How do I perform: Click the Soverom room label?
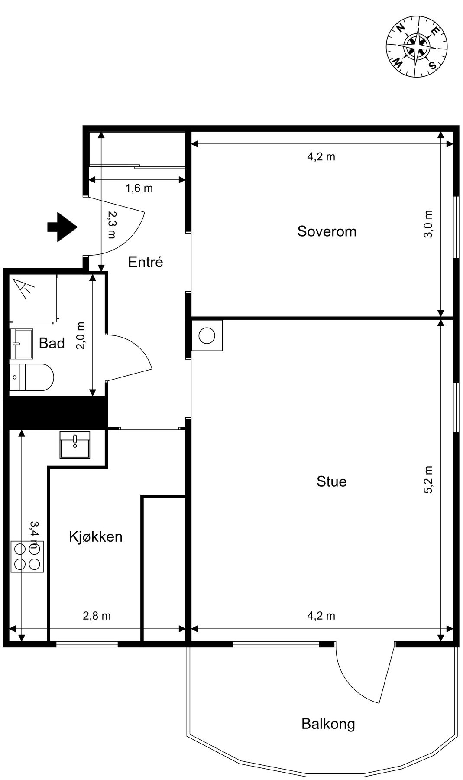click(x=327, y=231)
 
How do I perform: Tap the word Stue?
click(x=331, y=481)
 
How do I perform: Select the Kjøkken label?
click(x=96, y=536)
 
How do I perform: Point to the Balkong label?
click(x=328, y=724)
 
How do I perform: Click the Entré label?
click(x=146, y=262)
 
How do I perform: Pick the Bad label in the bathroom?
click(x=52, y=343)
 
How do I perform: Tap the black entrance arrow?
click(x=62, y=227)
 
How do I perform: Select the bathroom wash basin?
click(x=21, y=343)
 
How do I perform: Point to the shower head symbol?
click(x=23, y=288)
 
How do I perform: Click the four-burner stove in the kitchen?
click(x=27, y=556)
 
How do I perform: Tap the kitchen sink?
click(x=75, y=444)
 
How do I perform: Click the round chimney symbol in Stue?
click(x=207, y=335)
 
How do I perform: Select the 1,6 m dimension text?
click(x=139, y=188)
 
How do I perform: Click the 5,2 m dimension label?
click(x=428, y=480)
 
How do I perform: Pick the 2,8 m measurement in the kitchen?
click(x=97, y=615)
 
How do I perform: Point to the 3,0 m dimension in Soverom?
click(x=428, y=224)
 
